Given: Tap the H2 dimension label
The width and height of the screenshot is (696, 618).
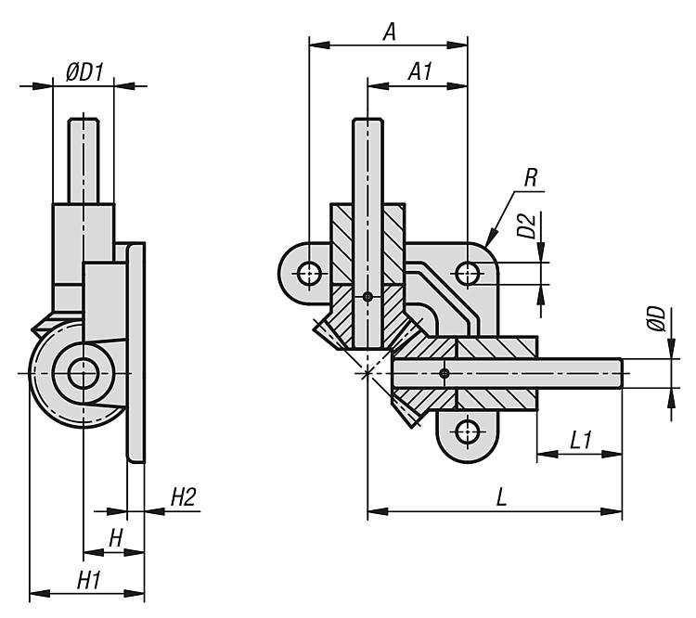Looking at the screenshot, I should [182, 498].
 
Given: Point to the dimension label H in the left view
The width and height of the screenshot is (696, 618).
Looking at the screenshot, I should [116, 537].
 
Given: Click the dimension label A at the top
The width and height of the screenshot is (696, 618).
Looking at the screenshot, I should [390, 32].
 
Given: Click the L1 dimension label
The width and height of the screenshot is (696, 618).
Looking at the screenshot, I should [581, 440].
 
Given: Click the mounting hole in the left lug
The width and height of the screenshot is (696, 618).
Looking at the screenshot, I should [308, 272].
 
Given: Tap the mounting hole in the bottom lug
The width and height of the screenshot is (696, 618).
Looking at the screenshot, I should [469, 431].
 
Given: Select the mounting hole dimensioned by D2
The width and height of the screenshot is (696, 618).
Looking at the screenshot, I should [468, 273].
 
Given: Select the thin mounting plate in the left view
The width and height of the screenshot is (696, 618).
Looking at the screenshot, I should [135, 353].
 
